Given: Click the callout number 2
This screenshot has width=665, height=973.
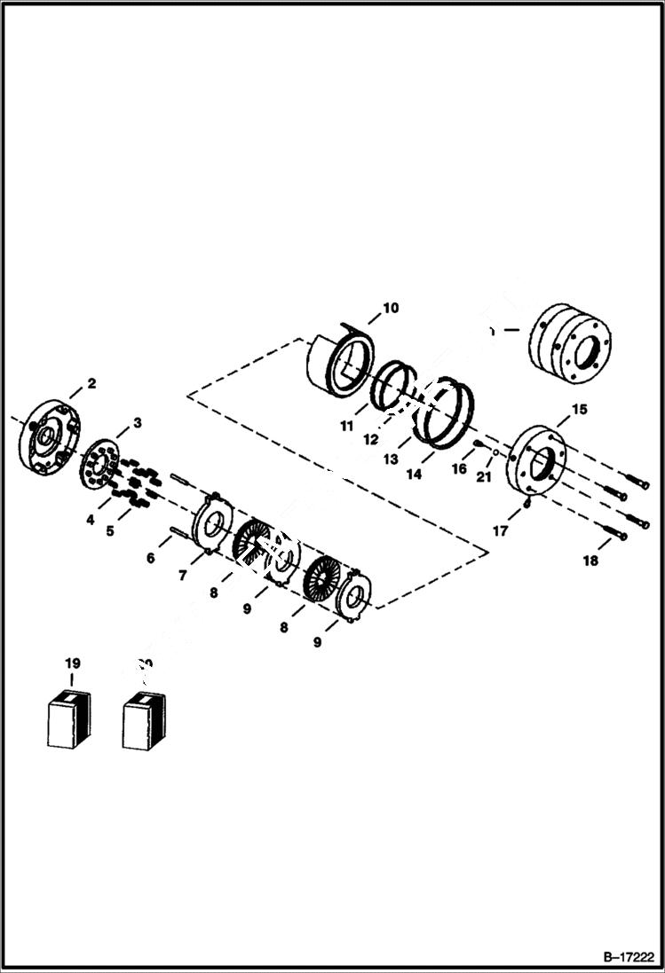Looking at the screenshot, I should pyautogui.click(x=91, y=384).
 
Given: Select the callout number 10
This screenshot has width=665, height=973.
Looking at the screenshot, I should pyautogui.click(x=390, y=308).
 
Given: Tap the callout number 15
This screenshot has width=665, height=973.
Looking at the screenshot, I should pyautogui.click(x=579, y=409).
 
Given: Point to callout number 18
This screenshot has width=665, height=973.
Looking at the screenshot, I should pyautogui.click(x=590, y=561).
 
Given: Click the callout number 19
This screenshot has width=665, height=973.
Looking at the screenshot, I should pyautogui.click(x=72, y=663).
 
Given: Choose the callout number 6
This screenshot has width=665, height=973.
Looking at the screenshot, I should pyautogui.click(x=151, y=558).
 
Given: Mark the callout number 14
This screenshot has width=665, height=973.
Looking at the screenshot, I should pyautogui.click(x=414, y=475).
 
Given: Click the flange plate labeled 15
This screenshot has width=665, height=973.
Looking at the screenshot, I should pyautogui.click(x=536, y=462).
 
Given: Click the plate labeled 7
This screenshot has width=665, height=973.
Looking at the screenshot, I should pyautogui.click(x=212, y=524).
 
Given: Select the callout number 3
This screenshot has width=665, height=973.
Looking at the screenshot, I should pyautogui.click(x=137, y=424).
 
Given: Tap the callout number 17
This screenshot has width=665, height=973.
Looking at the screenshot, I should pyautogui.click(x=500, y=532).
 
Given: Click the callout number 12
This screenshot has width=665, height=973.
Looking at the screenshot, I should pyautogui.click(x=371, y=440).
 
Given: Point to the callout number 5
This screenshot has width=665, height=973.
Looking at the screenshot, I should pyautogui.click(x=109, y=531).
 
